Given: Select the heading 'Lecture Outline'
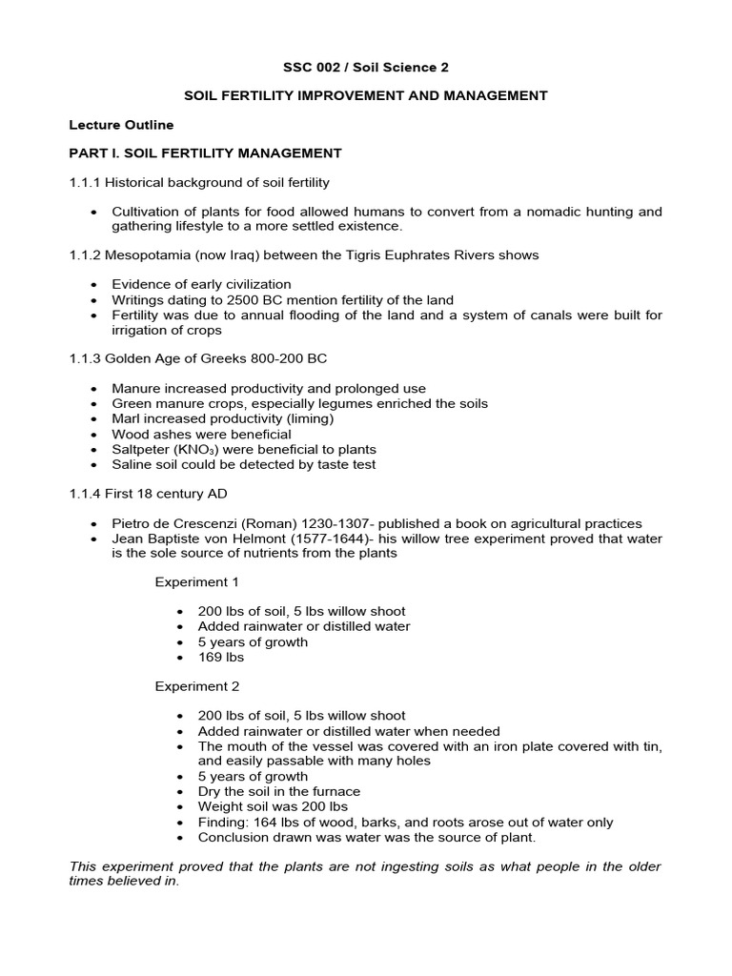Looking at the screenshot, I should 121,124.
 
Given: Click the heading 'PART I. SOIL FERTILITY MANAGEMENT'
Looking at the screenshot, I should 205,152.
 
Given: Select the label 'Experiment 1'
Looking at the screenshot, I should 197,581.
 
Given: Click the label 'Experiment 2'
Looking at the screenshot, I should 197,686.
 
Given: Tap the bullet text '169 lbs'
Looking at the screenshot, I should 221,657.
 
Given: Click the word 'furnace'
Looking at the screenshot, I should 335,791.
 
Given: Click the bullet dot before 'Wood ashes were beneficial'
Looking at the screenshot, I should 93,435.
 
